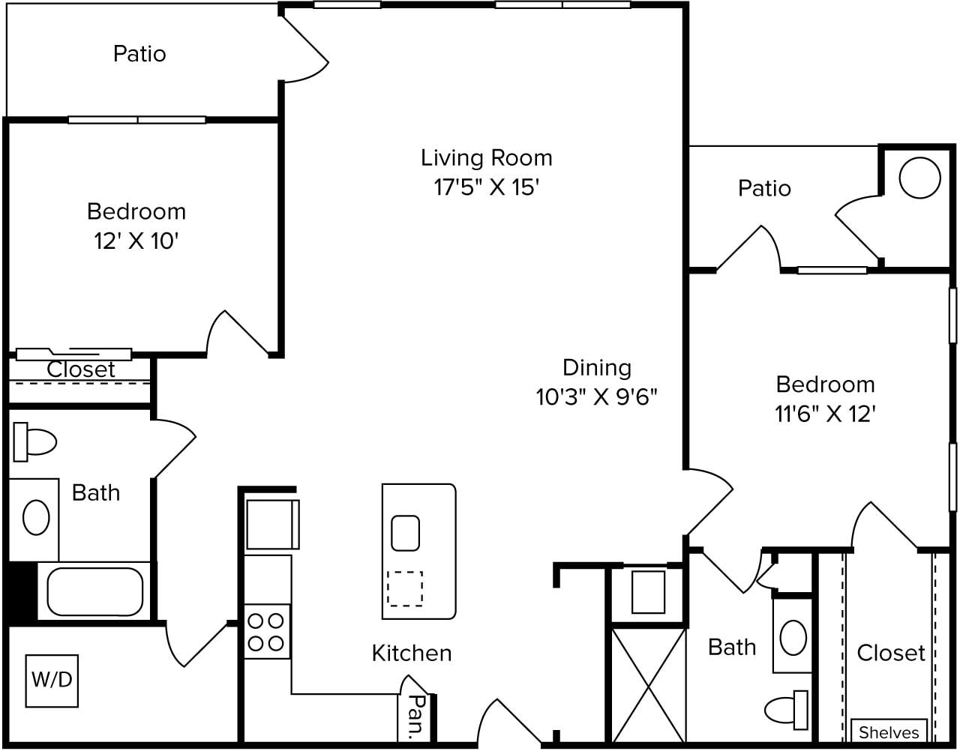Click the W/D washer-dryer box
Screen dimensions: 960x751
[x=52, y=681]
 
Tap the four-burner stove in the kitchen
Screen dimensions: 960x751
[x=267, y=632]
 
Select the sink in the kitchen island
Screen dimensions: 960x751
[x=405, y=533]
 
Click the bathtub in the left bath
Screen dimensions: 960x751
[x=95, y=591]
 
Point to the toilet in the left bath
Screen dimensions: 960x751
[x=34, y=442]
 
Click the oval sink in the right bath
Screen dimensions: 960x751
[x=793, y=638]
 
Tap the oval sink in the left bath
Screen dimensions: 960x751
[x=36, y=517]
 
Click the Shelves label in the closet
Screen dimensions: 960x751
[x=889, y=732]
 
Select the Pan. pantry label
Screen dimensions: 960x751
[x=415, y=717]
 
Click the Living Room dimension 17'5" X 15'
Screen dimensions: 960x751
[x=487, y=187]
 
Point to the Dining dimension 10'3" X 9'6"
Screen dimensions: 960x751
[x=596, y=396]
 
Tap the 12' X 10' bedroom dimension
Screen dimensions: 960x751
[x=136, y=241]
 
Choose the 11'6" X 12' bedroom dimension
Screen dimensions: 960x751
[x=825, y=414]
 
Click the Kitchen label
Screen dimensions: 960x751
[x=412, y=653]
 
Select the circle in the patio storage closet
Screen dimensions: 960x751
[x=919, y=178]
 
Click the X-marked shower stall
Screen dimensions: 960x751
[x=649, y=685]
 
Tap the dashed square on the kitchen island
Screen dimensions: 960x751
[x=405, y=588]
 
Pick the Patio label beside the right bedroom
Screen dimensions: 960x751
[x=764, y=189]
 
